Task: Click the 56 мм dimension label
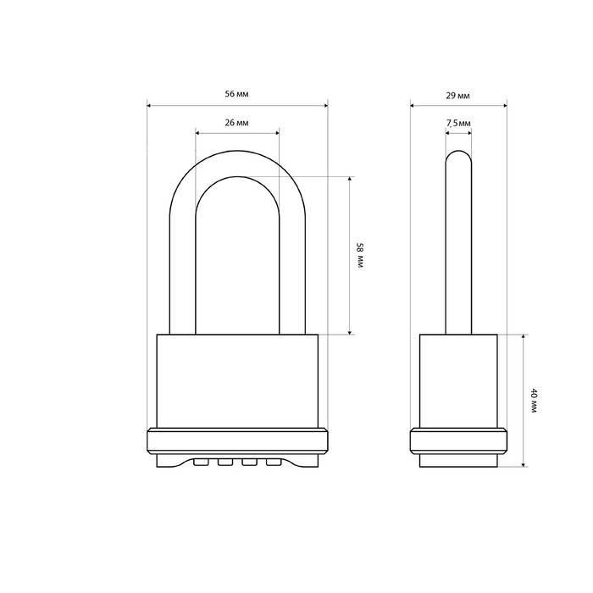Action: pyautogui.click(x=236, y=94)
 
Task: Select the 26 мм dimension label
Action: pyautogui.click(x=236, y=123)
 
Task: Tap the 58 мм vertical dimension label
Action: pyautogui.click(x=360, y=256)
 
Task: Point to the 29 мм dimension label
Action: pyautogui.click(x=457, y=96)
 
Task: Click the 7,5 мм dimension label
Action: pyautogui.click(x=458, y=124)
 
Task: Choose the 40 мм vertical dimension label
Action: pyautogui.click(x=534, y=401)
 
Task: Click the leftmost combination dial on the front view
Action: pyautogui.click(x=201, y=462)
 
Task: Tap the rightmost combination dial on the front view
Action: pyautogui.click(x=274, y=462)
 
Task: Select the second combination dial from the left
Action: pyautogui.click(x=225, y=462)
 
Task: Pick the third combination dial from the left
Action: pyautogui.click(x=249, y=462)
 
